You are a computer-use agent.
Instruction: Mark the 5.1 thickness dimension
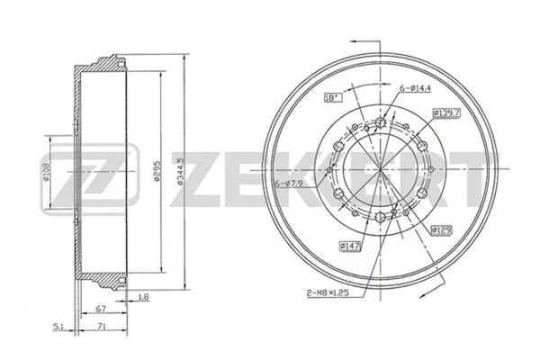(58, 327)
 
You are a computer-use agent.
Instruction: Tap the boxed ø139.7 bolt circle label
(446, 112)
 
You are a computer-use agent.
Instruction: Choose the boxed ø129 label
(441, 230)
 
